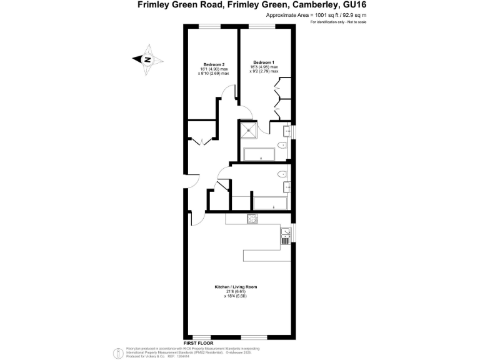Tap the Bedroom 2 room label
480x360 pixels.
point(214,64)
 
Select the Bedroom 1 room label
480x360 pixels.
point(262,62)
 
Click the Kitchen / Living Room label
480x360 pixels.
point(236,287)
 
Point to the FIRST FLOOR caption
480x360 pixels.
point(199,343)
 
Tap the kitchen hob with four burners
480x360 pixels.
point(253,218)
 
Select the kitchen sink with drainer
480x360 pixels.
point(286,235)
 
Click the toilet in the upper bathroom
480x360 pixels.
point(282,146)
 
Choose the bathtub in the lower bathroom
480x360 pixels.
point(269,202)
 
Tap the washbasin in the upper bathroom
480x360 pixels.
point(287,131)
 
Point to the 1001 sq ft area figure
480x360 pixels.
point(306,14)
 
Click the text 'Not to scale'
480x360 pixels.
point(354,22)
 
